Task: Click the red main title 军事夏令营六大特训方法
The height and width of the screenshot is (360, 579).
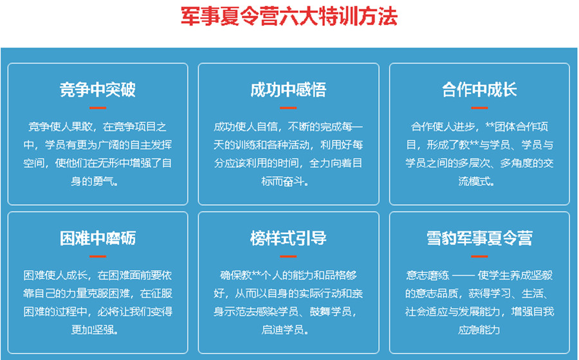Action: tap(289, 16)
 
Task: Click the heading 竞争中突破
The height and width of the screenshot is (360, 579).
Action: tap(98, 89)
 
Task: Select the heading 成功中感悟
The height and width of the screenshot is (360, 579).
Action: tap(288, 89)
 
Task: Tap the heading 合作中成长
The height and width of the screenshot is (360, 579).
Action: tap(479, 89)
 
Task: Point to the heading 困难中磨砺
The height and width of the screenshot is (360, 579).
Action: tap(98, 239)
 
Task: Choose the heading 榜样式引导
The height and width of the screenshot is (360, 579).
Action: tap(288, 239)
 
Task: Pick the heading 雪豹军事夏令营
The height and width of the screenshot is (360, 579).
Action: tap(479, 239)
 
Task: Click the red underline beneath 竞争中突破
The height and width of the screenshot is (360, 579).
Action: tap(98, 107)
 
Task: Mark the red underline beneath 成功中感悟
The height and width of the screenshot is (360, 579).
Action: tap(288, 107)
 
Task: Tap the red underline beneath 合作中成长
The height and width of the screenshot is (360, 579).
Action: tap(479, 107)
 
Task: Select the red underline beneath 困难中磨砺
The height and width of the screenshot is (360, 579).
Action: tap(98, 256)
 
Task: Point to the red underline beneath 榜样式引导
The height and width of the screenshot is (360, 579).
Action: tap(288, 256)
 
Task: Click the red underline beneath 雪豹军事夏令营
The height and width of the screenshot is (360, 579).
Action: tap(479, 256)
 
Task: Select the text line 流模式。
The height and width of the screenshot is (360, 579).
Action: tap(479, 181)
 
